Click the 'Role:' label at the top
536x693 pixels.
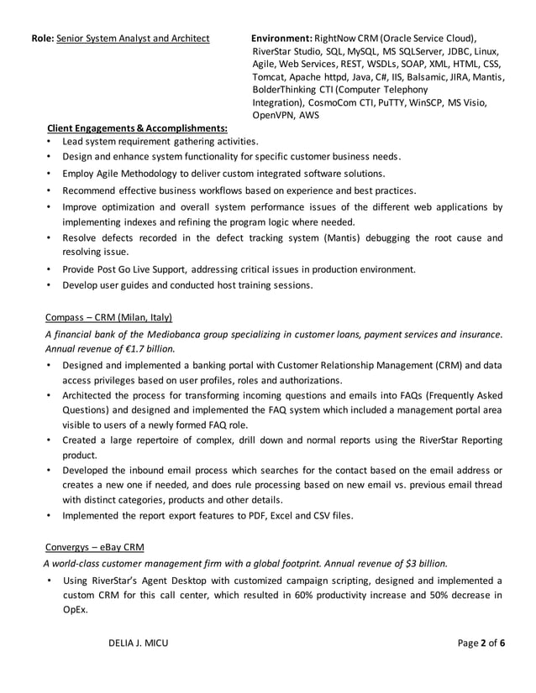(42, 39)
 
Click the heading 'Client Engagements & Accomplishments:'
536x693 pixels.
(137, 128)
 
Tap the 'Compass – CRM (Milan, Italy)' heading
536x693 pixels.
(108, 317)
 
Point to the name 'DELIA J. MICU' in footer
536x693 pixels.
(139, 643)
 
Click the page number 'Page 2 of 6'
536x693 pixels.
(481, 643)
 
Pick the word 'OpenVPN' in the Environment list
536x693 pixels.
(274, 115)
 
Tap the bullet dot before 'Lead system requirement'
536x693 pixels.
(50, 141)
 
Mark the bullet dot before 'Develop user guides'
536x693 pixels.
(50, 285)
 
